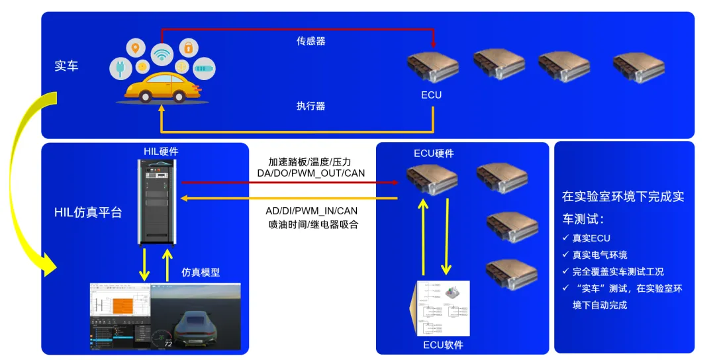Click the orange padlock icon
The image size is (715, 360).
pyautogui.click(x=189, y=48)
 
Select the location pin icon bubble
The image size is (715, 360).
pyautogui.click(x=136, y=48)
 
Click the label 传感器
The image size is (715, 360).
pyautogui.click(x=310, y=41)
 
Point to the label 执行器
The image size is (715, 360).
pyautogui.click(x=310, y=106)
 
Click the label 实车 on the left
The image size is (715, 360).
pyautogui.click(x=66, y=66)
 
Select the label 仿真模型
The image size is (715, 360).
pyautogui.click(x=201, y=272)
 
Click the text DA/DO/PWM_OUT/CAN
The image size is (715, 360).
pyautogui.click(x=311, y=173)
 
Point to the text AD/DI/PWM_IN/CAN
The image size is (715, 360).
pyautogui.click(x=311, y=211)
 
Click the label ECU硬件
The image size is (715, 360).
pyautogui.click(x=434, y=154)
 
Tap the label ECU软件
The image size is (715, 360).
pyautogui.click(x=443, y=345)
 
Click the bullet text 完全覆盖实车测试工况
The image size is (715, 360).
pyautogui.click(x=617, y=271)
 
